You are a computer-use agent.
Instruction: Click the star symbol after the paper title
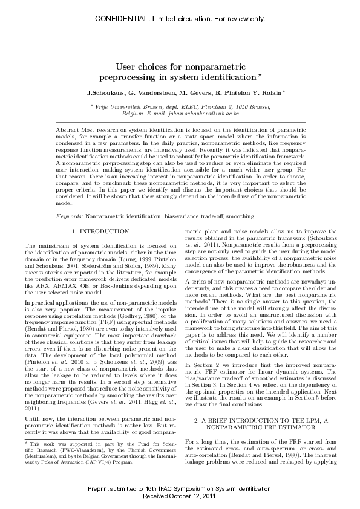click(x=260, y=75)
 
